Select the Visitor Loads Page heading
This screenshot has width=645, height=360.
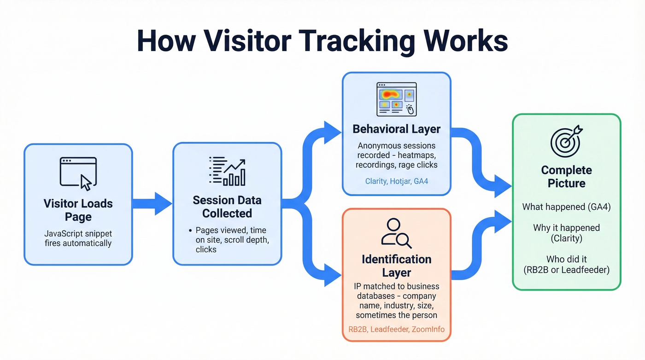[x=78, y=210]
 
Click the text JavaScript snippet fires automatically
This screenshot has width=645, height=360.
[x=78, y=238]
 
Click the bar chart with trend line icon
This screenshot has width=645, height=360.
[x=227, y=171]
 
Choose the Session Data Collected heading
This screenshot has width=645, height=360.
[x=227, y=207]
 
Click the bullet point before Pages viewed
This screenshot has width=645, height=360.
[x=190, y=230]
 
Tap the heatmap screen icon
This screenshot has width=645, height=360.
[x=396, y=99]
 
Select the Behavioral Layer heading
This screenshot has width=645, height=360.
[x=396, y=129]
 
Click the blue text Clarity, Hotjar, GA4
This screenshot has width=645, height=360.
[x=396, y=181]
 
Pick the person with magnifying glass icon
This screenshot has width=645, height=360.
[x=396, y=233]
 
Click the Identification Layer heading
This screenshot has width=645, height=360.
[x=396, y=266]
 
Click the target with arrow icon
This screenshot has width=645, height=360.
[x=566, y=141]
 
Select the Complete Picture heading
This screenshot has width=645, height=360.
[x=566, y=177]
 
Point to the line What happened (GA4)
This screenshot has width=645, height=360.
[x=566, y=207]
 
